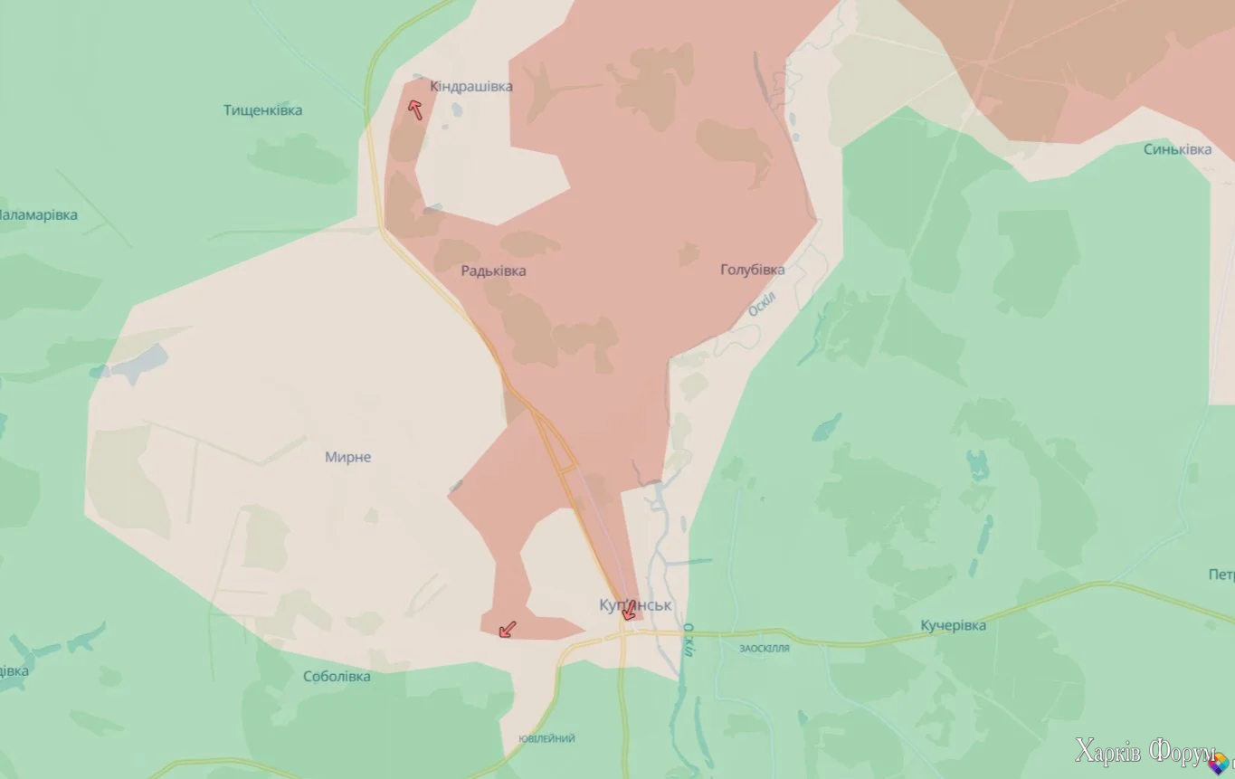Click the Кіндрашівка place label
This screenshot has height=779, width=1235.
point(470,87)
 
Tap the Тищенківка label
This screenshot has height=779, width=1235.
point(262,110)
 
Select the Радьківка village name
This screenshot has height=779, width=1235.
point(493,271)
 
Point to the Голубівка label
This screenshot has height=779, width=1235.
point(752,270)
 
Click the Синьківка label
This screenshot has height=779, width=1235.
point(1177,149)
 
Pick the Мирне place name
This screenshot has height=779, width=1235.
point(347,457)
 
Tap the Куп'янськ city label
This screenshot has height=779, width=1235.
point(635,604)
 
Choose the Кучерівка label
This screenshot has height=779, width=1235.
point(953,625)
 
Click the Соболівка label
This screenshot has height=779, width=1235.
point(337,676)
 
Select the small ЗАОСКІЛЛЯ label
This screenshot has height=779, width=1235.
point(765,649)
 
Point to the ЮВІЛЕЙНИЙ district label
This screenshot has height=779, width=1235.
point(546,738)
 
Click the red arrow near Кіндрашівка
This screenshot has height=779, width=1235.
point(415,109)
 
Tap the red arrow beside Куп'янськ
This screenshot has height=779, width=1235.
point(629,611)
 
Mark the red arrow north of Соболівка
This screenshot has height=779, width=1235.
point(508,629)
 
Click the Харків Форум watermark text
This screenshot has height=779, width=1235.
point(1145,751)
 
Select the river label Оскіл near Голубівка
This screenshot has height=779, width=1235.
point(762,304)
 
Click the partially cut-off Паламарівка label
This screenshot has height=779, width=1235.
point(38,215)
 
